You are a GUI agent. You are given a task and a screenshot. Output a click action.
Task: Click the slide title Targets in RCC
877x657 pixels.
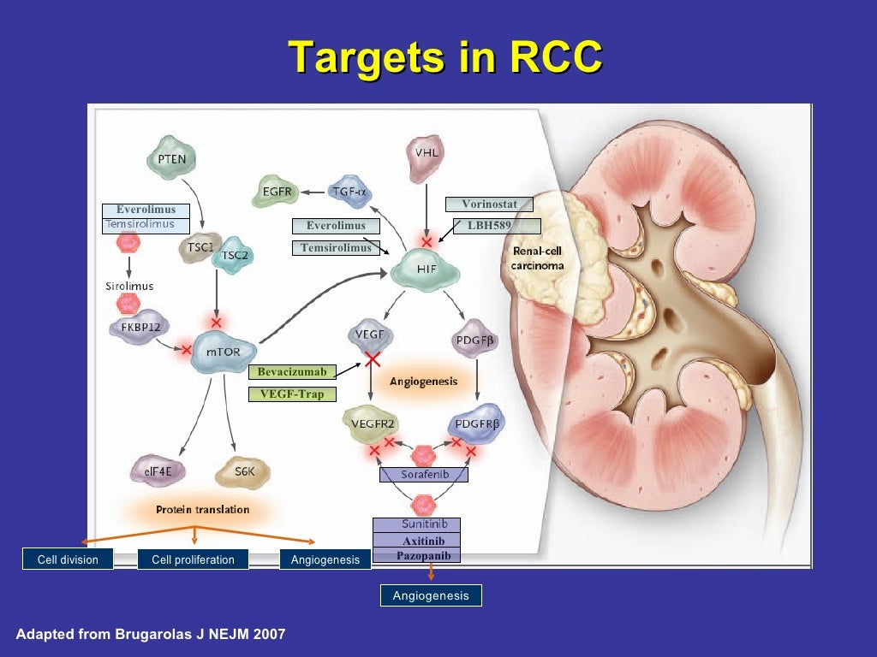point(445,57)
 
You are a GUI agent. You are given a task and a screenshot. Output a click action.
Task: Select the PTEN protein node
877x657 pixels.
point(171,158)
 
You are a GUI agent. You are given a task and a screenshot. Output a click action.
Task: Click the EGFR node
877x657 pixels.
point(275,192)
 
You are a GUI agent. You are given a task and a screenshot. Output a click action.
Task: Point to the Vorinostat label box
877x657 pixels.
point(489,204)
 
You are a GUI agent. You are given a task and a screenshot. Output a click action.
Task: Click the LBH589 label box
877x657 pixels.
point(498,226)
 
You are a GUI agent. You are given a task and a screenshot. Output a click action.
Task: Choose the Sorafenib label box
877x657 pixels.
point(423,474)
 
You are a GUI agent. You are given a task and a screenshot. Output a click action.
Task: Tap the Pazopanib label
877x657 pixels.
point(416,556)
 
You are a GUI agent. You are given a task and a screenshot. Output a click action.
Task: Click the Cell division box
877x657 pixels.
point(68,560)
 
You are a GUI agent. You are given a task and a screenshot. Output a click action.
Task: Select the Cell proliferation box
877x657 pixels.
point(193,560)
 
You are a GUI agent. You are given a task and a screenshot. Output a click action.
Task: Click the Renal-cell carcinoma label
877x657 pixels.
point(536,257)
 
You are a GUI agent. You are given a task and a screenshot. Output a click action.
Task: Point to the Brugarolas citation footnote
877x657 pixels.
point(151,634)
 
